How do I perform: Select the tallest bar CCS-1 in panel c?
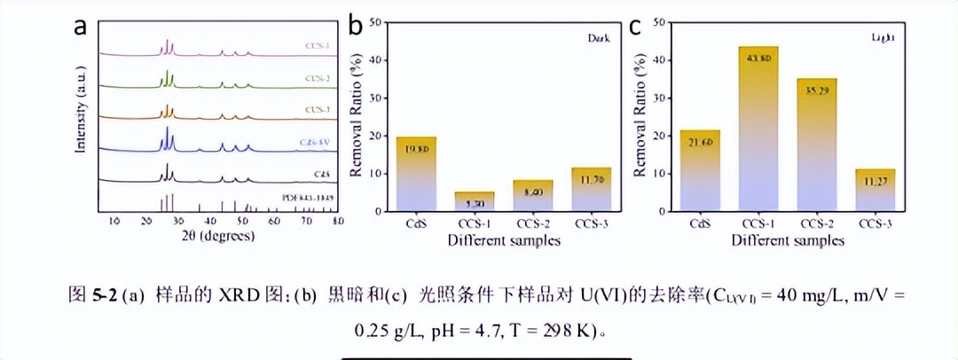click(758, 129)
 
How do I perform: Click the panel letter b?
click(355, 26)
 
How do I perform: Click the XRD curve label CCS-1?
click(317, 43)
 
